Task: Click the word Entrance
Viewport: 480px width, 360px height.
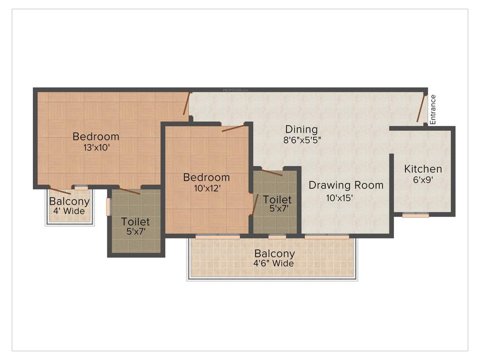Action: [433, 109]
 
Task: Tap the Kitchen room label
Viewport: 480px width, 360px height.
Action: [423, 169]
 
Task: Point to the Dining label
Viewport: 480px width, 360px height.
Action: [301, 129]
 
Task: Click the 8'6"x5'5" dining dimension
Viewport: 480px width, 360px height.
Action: [302, 139]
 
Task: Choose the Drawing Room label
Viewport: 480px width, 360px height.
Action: [345, 185]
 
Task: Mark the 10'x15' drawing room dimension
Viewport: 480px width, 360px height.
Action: [339, 198]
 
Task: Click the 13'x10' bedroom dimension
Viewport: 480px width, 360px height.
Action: [96, 147]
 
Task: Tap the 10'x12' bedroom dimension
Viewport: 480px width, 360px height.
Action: [206, 188]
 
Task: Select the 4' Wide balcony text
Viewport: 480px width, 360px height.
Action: [69, 211]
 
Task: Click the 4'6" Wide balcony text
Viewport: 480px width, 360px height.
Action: [274, 263]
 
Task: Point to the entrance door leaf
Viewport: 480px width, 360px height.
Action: [421, 108]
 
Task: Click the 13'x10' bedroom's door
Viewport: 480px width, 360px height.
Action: [186, 104]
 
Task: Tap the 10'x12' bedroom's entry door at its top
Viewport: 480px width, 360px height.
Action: [233, 128]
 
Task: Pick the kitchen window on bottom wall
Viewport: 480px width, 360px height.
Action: [416, 215]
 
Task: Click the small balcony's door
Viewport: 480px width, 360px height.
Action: [60, 191]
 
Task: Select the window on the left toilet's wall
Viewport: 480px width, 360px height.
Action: [108, 207]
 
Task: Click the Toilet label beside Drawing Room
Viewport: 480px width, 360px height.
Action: [277, 200]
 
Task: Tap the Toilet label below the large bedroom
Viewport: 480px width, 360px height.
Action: [135, 221]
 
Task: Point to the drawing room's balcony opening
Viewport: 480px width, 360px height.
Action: [327, 237]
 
